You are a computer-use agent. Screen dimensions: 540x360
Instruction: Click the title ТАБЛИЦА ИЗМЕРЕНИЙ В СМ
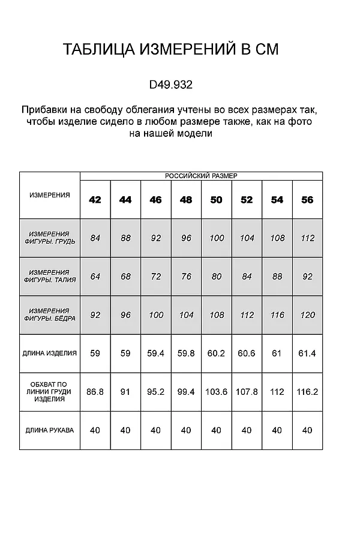pos(171,50)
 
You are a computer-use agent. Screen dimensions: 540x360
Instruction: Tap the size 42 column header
pos(95,200)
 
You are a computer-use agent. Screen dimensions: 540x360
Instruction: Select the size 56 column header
pos(307,200)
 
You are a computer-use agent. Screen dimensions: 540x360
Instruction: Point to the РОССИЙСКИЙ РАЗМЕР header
pos(201,176)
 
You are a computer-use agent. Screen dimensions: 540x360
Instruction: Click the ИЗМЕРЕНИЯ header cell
pos(50,195)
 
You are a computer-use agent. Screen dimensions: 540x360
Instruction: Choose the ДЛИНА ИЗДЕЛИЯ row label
pos(50,353)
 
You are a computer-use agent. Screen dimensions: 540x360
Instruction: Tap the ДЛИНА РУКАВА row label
pos(50,430)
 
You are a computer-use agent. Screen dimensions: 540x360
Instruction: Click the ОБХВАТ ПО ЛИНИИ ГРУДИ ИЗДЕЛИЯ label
pos(50,392)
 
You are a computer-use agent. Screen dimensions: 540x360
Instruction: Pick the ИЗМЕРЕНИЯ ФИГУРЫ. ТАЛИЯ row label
pos(50,277)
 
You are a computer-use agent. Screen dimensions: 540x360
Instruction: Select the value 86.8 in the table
pos(95,392)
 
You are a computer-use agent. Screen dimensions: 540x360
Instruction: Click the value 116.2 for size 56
pos(307,392)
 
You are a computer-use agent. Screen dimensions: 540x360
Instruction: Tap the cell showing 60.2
pos(217,353)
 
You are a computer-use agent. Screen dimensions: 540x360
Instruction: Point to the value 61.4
pos(307,353)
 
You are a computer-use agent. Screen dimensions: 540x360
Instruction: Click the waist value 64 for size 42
pos(95,277)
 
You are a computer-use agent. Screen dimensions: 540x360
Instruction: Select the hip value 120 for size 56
pos(307,315)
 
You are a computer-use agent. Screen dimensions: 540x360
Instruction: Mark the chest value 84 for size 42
pos(95,238)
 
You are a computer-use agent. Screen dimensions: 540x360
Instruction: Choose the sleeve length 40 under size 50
pos(217,430)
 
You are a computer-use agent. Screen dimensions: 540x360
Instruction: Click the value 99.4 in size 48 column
pos(186,392)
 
